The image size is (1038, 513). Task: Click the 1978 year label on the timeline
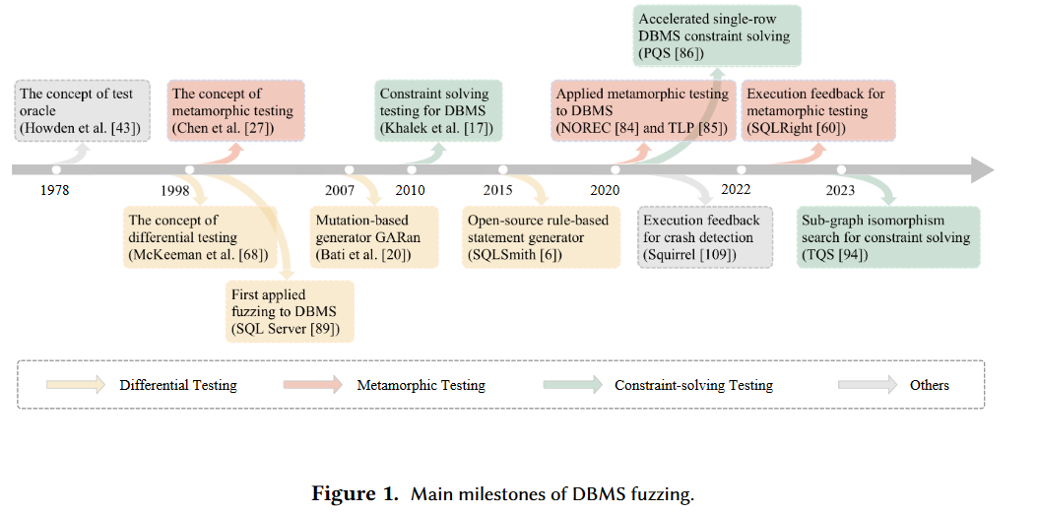pos(54,190)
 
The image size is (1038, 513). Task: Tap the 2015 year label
pos(497,190)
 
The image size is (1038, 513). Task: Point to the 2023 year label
pos(840,190)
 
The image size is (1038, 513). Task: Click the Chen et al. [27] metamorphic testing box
pos(235,111)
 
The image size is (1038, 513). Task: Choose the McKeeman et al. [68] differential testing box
pos(191,237)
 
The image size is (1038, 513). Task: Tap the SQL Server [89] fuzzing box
pos(289,311)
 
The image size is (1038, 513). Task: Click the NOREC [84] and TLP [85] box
pos(642,111)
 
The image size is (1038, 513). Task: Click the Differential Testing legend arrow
pos(75,385)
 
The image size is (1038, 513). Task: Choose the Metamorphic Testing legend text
pos(421,385)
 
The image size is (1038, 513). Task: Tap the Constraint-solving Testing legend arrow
pos(571,385)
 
